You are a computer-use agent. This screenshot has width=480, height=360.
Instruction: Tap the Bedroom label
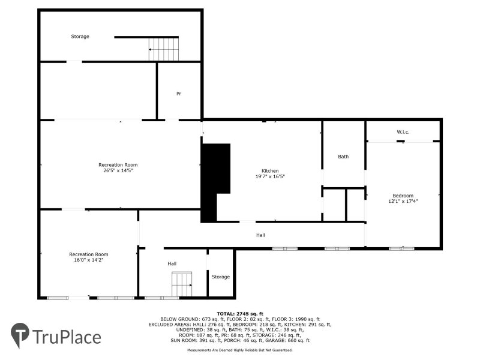coord(403,196)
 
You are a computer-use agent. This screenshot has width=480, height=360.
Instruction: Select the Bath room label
coord(343,157)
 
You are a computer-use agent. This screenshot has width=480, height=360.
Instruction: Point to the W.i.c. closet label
coord(403,131)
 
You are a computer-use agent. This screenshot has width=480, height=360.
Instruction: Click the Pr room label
coord(179,94)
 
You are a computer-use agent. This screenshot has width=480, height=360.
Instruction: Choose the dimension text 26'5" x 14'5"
coord(118,170)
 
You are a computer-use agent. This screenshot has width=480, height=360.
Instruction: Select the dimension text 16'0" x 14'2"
coord(88,260)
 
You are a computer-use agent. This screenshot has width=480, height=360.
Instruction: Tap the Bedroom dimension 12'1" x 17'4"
coord(403,202)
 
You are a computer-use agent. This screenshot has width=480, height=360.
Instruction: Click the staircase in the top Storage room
coord(164,49)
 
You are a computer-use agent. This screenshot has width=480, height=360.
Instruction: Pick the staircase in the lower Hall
coord(182,283)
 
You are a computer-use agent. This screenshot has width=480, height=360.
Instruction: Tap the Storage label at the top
coord(80,37)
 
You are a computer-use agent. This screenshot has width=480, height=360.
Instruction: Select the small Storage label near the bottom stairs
coord(220,277)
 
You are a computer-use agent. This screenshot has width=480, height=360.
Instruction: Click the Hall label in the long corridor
coord(260,235)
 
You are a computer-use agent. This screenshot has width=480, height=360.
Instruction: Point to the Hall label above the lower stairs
coord(172,263)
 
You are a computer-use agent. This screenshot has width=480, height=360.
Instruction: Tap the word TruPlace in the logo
coord(66,337)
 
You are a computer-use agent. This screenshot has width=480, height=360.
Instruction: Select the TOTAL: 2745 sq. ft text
coord(239,313)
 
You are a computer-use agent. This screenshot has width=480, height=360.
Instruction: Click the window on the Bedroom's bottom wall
coord(401,248)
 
